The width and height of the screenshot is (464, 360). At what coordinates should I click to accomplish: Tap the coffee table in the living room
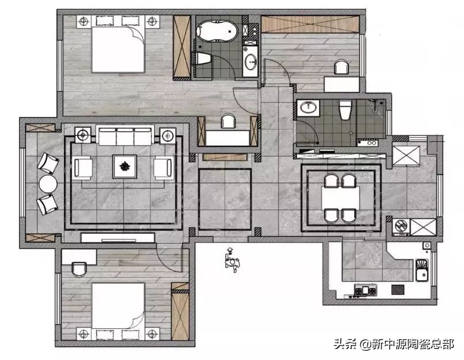click(x=124, y=166)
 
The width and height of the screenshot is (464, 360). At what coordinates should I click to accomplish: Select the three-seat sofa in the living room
click(x=125, y=135)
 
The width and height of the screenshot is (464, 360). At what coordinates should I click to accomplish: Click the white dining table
click(x=340, y=198)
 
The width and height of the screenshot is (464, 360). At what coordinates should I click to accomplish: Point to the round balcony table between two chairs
click(x=48, y=184)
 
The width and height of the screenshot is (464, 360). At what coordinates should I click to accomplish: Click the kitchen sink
click(x=421, y=270)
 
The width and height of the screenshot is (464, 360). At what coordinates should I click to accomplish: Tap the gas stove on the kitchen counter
click(x=366, y=290)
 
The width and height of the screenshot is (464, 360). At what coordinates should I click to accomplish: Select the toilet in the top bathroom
click(x=203, y=58)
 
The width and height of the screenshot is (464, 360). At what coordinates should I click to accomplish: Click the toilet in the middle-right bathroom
click(x=345, y=110)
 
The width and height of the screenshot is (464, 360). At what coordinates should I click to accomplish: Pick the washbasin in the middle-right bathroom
click(x=308, y=107)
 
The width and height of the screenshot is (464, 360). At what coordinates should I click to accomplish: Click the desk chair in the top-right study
click(x=341, y=67)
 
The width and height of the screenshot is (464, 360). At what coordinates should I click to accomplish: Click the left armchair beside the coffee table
click(x=83, y=168)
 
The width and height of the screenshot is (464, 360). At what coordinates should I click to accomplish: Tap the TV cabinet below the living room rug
click(x=118, y=238)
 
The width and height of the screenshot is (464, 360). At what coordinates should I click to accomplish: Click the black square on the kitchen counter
click(x=398, y=290)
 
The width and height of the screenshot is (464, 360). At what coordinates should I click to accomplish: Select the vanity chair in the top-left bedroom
click(x=228, y=121)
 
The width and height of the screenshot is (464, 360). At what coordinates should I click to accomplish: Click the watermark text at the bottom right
click(x=394, y=344)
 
